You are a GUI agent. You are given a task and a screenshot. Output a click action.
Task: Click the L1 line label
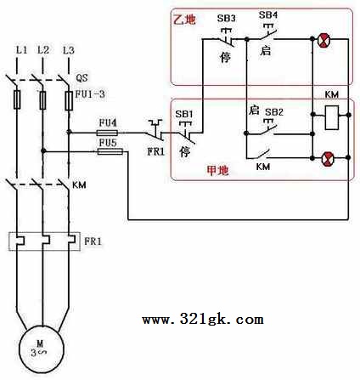click(x=21, y=50)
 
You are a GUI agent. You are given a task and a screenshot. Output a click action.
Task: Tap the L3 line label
click(x=69, y=50)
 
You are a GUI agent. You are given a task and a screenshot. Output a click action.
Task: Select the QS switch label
click(x=82, y=77)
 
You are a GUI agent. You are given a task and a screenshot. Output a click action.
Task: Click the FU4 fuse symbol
click(x=107, y=133)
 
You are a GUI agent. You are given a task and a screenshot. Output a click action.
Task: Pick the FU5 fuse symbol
click(x=110, y=152)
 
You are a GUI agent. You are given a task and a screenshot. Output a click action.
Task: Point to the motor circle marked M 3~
click(x=42, y=349)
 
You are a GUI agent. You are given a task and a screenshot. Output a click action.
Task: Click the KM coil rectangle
click(x=331, y=117)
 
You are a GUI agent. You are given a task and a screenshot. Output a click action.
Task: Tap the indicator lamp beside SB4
click(x=323, y=40)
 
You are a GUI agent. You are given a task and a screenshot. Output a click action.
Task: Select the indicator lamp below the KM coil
click(x=329, y=158)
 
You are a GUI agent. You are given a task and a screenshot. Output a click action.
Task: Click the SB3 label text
click(x=226, y=19)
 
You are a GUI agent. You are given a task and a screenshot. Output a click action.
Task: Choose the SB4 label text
click(x=268, y=14)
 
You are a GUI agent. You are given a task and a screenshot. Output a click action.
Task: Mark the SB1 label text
click(x=184, y=114)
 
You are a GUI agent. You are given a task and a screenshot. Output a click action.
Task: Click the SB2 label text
click(x=274, y=112)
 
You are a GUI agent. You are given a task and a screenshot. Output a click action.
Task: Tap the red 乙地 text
click(x=184, y=20)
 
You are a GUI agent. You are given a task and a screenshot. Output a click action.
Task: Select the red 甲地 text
click(x=217, y=170)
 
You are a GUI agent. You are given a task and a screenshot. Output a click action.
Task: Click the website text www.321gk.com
click(x=203, y=320)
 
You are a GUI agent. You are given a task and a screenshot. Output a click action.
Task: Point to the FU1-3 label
click(x=90, y=94)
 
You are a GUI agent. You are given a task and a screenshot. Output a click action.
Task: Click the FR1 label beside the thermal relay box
click(x=93, y=241)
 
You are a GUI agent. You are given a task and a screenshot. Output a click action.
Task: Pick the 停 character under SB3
click(x=226, y=57)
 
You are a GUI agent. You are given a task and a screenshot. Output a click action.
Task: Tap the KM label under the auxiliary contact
click(x=263, y=167)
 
